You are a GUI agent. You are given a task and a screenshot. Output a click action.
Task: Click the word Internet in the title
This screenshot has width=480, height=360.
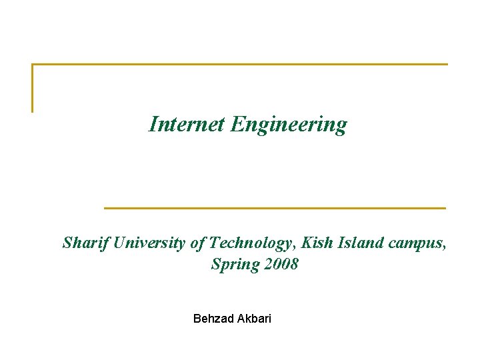pyautogui.click(x=187, y=124)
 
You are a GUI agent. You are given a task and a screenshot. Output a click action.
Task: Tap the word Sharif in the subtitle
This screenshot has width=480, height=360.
pyautogui.click(x=86, y=243)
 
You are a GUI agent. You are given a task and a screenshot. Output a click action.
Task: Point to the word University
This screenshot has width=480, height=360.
pyautogui.click(x=150, y=243)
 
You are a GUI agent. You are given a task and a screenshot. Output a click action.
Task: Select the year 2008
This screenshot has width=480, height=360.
pyautogui.click(x=281, y=264)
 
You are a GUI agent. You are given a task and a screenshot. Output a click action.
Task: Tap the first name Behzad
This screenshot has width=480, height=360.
pyautogui.click(x=211, y=319)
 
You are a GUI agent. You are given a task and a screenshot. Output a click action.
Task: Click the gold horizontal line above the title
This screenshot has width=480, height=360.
pyautogui.click(x=240, y=65)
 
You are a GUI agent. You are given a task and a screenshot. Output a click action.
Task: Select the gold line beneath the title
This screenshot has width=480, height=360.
pyautogui.click(x=275, y=208)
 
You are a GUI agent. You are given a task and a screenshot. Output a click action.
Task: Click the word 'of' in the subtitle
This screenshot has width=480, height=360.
pyautogui.click(x=197, y=243)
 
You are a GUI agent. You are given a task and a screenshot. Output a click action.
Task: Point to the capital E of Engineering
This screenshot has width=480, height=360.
pyautogui.click(x=237, y=124)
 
